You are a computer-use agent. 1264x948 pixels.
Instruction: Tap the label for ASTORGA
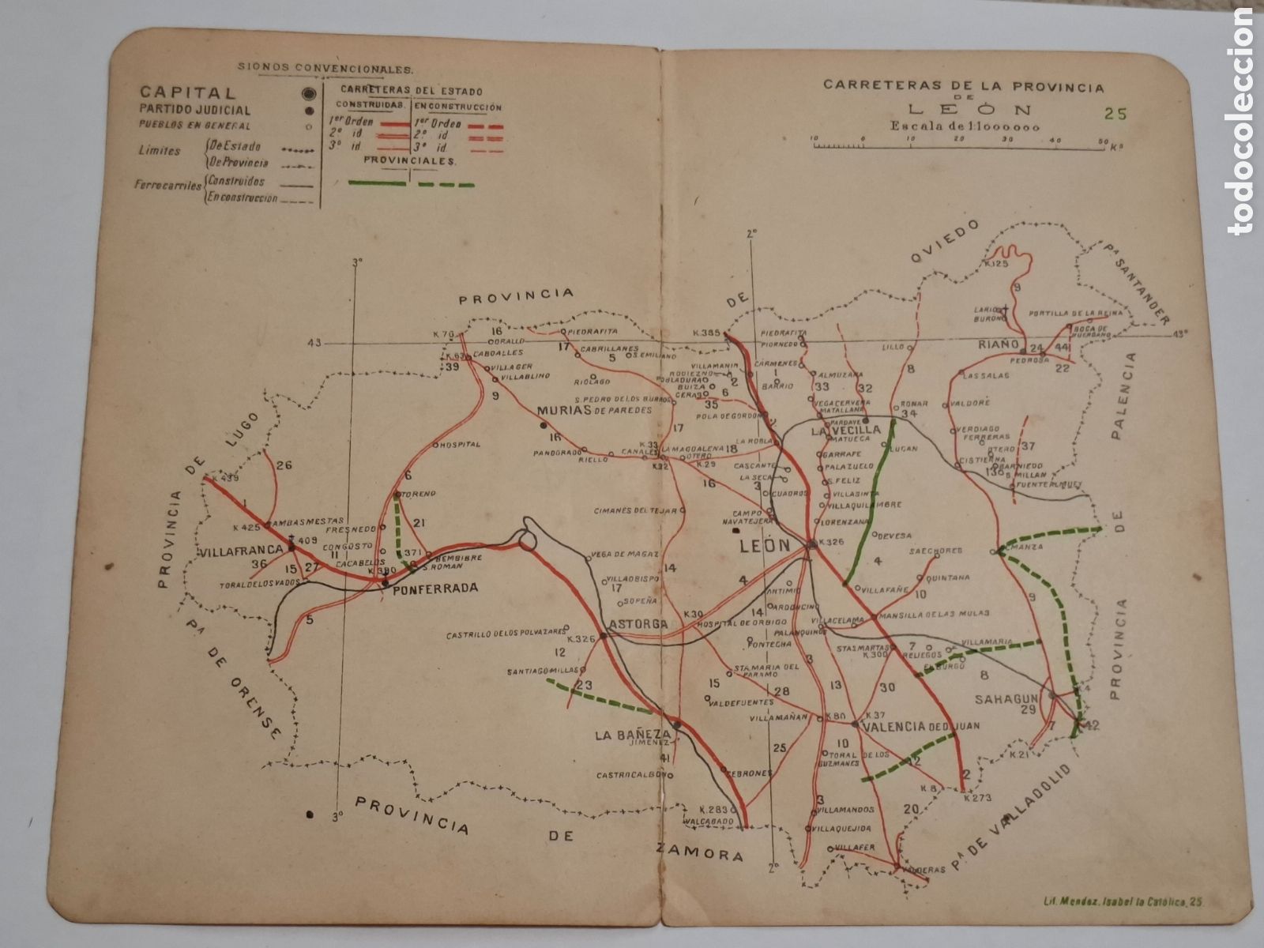(639, 625)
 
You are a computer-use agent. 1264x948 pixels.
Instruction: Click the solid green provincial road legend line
(378, 183)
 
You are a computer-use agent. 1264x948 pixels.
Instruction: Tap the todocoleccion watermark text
(1243, 118)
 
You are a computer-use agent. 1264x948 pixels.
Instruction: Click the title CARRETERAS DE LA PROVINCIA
(963, 85)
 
